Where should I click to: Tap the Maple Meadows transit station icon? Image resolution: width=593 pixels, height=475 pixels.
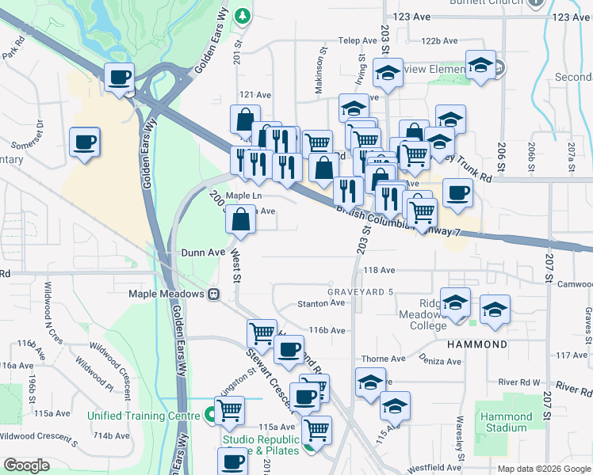coord(212,294)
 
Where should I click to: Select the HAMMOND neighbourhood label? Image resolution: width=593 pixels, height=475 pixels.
coord(476,345)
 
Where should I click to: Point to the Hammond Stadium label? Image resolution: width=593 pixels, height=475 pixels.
coord(507,422)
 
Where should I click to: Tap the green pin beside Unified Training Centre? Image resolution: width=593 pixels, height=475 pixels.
coord(209,414)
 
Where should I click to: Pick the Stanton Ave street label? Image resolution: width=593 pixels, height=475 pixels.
coord(321,303)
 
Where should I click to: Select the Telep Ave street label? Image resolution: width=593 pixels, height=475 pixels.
coord(358,40)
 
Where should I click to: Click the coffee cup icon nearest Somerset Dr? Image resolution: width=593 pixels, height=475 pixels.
coord(85,142)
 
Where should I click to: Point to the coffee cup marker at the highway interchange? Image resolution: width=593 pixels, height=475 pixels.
coord(120,78)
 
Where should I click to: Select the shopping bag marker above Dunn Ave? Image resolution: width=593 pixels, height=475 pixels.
coord(240,219)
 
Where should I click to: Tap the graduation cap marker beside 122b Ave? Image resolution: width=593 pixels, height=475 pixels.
coord(480,65)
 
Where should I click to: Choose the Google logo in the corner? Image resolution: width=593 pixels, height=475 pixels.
coord(26,465)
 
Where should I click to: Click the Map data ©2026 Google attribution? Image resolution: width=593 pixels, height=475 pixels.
coord(544,469)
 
